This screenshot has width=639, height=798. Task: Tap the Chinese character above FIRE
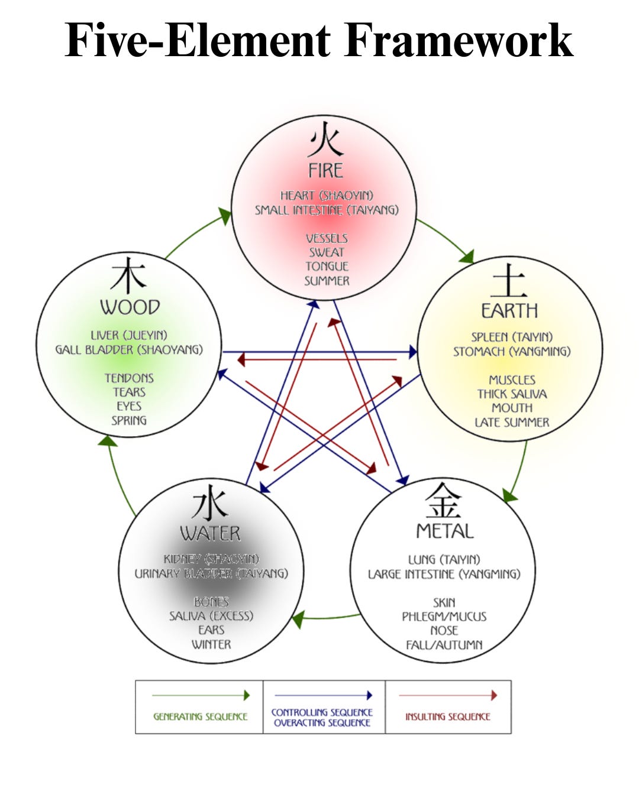point(325,141)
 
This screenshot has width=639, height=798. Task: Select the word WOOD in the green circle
point(130,307)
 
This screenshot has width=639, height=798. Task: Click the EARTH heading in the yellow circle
point(509,310)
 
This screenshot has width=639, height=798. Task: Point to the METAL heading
point(445,531)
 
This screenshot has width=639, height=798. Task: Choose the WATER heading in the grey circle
point(211,533)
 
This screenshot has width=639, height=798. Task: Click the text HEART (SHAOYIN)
point(327,195)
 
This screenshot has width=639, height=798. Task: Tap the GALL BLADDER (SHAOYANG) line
point(129,349)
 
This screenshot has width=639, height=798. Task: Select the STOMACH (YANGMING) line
point(512,351)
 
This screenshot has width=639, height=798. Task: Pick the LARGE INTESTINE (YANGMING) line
point(444,574)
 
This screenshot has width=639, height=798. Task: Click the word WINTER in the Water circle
point(211,644)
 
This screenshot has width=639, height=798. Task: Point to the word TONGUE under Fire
point(327,266)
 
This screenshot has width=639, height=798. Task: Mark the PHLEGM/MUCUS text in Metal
point(444,617)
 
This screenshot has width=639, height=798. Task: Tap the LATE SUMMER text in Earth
point(512,422)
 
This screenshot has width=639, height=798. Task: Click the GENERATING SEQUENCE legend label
point(200,716)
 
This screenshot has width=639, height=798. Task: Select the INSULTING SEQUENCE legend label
point(448,716)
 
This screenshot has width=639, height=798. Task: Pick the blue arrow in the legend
point(323,695)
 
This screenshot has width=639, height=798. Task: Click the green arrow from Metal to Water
point(325,618)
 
